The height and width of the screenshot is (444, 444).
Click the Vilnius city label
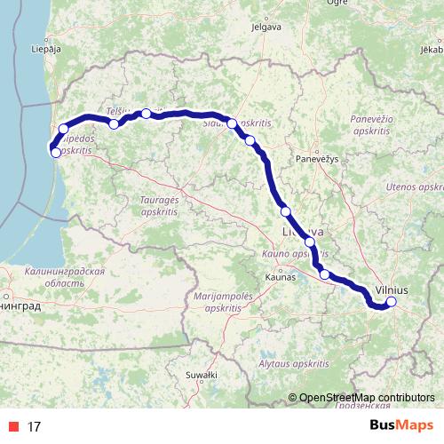pyautogui.click(x=392, y=289)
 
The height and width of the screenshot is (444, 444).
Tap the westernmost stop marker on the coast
pyautogui.click(x=56, y=153)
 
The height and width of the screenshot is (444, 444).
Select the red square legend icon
pyautogui.click(x=13, y=426)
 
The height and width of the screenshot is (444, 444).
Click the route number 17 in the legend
pyautogui.click(x=35, y=426)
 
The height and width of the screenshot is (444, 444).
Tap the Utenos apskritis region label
pyautogui.click(x=415, y=188)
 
